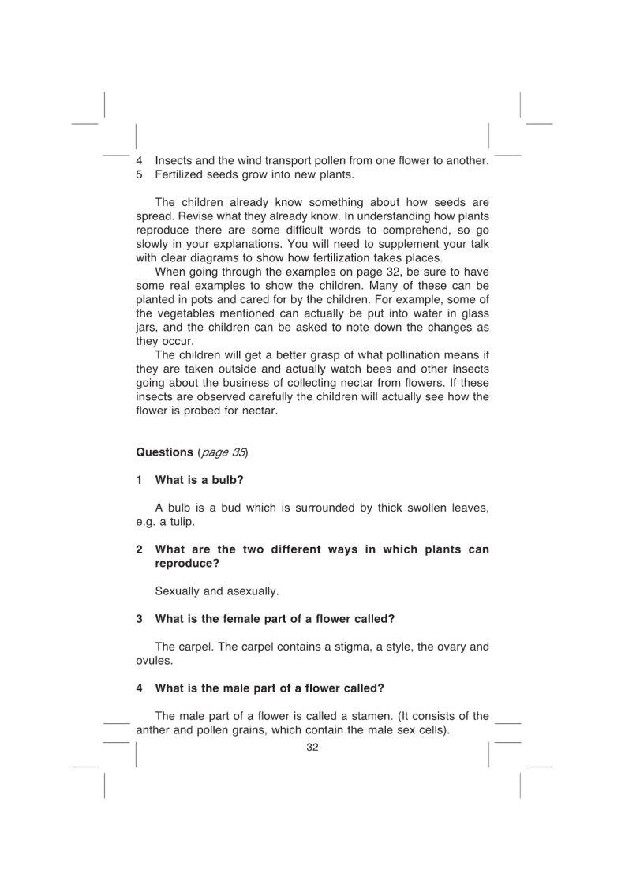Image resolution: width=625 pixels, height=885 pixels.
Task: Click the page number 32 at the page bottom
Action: (312, 748)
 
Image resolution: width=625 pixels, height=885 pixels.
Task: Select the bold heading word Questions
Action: (164, 452)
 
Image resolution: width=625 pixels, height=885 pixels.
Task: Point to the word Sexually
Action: (178, 591)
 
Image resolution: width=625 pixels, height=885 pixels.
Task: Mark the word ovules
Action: (153, 661)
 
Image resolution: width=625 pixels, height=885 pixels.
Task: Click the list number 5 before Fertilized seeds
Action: (139, 174)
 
